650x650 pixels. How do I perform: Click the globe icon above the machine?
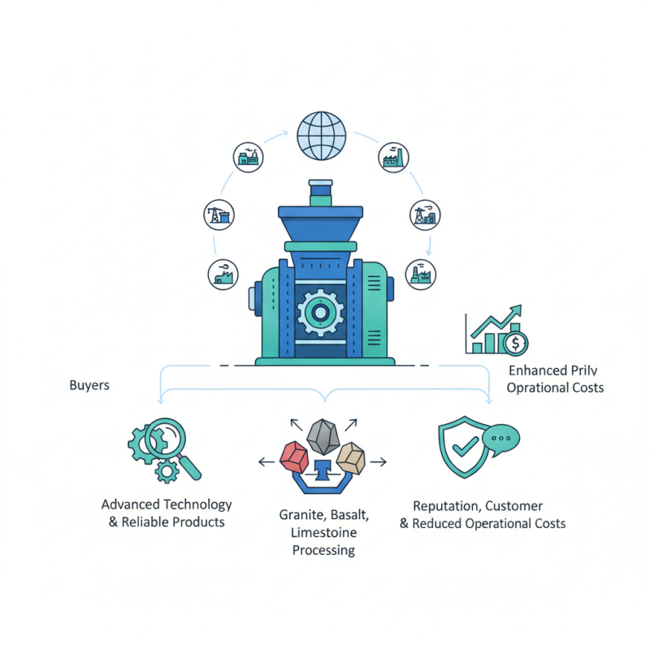[321, 136]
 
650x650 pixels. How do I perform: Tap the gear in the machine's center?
[320, 313]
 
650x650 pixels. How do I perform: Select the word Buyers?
[89, 385]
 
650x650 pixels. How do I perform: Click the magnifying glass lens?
[165, 438]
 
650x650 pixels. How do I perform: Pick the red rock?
[294, 457]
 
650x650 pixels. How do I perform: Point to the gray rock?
[323, 437]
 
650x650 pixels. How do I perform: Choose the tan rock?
[351, 458]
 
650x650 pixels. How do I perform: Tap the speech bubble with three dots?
[500, 440]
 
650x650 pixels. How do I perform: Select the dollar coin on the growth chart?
[515, 343]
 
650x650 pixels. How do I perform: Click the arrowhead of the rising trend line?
[517, 310]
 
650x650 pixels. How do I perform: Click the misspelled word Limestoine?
[323, 532]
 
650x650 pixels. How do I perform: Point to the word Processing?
[323, 551]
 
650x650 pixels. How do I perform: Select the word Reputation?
[448, 506]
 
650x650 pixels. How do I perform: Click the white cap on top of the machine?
[320, 183]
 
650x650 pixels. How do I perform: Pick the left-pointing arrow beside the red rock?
[266, 461]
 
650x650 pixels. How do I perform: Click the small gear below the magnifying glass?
[167, 471]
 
